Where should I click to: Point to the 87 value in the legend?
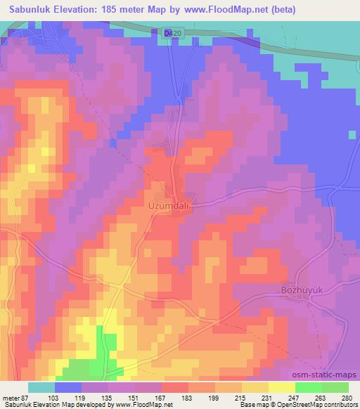tap(27, 398)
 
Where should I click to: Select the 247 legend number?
tap(296, 398)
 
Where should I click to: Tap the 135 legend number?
tap(108, 398)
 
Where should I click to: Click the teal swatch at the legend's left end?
tap(41, 387)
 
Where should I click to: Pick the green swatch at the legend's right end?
tap(335, 387)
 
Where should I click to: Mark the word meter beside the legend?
tap(10, 398)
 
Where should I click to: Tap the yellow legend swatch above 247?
tap(282, 387)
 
